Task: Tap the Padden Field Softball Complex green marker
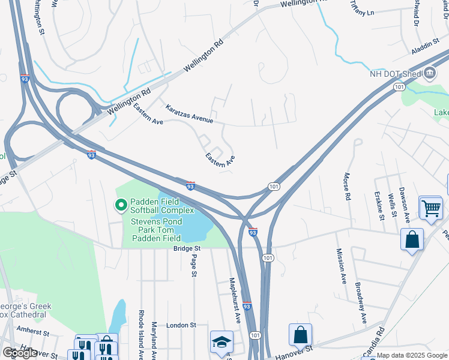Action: (x=121, y=206)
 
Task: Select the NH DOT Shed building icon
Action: (x=430, y=74)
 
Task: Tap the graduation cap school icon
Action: (x=221, y=342)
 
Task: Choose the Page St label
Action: (x=194, y=266)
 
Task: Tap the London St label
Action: (x=181, y=325)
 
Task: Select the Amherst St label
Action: (x=32, y=331)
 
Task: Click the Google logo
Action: (x=20, y=353)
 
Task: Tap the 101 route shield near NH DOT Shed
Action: (x=399, y=88)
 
